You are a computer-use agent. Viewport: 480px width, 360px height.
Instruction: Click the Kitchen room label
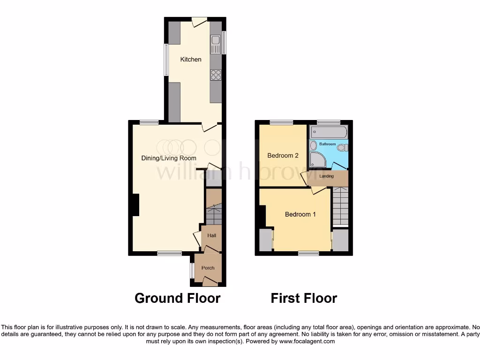coord(191,60)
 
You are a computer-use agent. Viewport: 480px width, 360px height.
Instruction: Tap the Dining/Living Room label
coord(169,158)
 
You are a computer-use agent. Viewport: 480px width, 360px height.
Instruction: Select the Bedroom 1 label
coord(300,214)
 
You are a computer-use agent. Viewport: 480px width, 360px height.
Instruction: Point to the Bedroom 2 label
coord(283,156)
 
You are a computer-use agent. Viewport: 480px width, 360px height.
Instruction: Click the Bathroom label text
coord(328,144)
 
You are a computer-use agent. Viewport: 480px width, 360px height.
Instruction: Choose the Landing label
coord(327,176)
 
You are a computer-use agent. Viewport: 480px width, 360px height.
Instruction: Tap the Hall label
coord(211,236)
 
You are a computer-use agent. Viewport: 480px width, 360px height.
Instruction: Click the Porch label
coord(208,268)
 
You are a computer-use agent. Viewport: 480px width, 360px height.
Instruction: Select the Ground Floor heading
coord(177,298)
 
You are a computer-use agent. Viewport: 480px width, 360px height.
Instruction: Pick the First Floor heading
coord(304,298)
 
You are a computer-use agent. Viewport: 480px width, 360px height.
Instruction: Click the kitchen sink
coord(216,45)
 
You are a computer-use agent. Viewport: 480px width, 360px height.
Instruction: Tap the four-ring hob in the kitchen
coord(216,75)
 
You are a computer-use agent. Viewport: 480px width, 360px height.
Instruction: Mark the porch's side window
coord(192,270)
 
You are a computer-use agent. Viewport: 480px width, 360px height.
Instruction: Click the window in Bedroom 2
coord(281,123)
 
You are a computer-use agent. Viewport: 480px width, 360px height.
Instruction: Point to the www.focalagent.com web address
coord(307,341)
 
